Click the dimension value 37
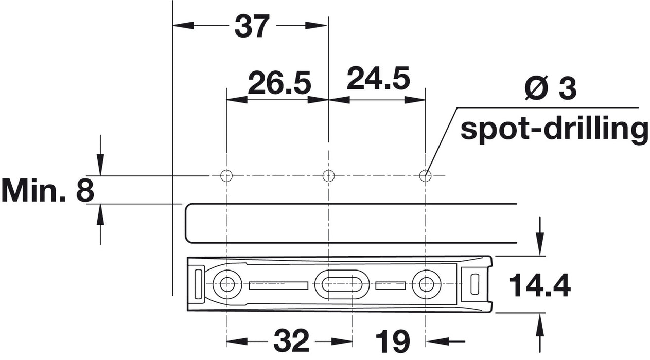252,26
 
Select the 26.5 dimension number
279,83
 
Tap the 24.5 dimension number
378,78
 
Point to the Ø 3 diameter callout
550,88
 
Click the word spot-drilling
554,130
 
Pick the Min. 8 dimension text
48,191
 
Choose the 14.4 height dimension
540,286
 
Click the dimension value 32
291,340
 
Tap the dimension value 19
393,341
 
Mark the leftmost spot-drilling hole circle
226,176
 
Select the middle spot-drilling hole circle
328,176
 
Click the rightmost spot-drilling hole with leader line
426,176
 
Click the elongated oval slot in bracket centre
341,284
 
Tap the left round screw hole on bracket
227,284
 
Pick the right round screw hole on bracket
426,284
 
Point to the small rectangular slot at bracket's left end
198,284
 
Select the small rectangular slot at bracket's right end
475,284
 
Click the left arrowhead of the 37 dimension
183,26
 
